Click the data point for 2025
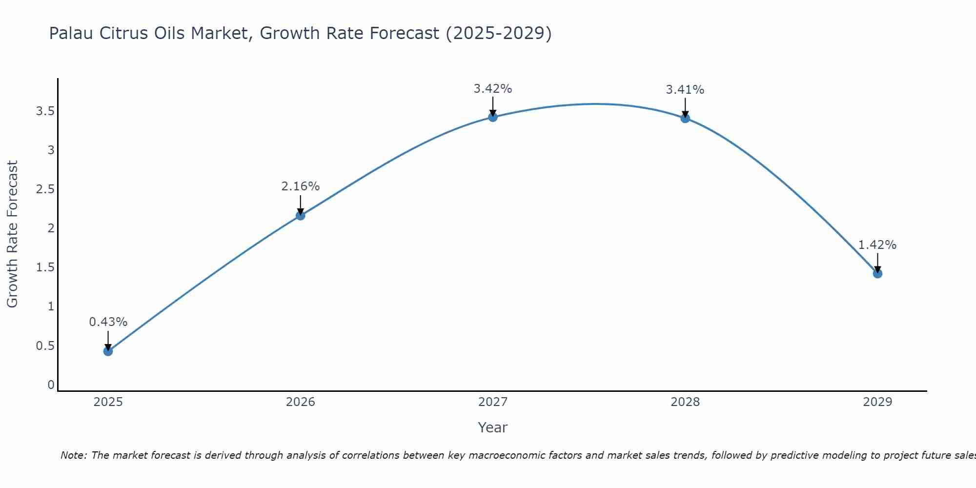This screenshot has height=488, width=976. point(108,351)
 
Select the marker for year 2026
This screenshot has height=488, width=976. point(300,215)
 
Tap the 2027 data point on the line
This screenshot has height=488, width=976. point(492,117)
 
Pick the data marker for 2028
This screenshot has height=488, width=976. point(685,118)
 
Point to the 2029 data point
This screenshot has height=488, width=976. point(877,273)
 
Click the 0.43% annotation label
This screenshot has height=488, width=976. point(108,322)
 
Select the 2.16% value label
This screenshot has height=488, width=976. point(300,186)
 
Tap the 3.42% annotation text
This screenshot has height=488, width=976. point(492,89)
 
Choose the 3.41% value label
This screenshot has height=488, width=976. point(685,90)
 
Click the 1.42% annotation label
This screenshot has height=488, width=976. point(877,245)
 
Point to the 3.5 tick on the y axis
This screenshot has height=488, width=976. point(45,111)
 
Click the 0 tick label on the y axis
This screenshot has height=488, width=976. point(51,385)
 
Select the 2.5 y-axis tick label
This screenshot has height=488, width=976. point(45,189)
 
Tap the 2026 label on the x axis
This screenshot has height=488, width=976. point(300,402)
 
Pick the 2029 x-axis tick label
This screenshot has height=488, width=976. point(877,402)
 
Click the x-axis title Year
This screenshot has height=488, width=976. point(492,427)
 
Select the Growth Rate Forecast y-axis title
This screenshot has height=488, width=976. point(12,234)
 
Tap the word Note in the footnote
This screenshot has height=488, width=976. point(73,455)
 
